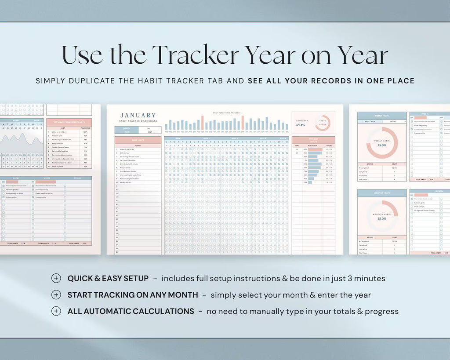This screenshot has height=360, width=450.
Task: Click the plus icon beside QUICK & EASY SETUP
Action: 56,278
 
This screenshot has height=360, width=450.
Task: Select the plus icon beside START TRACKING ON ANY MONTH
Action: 56,295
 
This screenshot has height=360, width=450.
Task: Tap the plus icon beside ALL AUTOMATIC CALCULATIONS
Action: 56,311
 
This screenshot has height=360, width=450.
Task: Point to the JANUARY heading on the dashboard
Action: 138,115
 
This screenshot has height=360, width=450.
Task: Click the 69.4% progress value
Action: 301,125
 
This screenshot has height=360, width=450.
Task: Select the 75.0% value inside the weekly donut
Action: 382,145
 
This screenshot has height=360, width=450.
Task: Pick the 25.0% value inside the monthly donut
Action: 382,218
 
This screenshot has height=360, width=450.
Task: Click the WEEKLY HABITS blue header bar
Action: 382,116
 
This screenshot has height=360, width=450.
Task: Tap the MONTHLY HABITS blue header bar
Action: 382,193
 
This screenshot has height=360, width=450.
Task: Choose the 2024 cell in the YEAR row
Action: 149,131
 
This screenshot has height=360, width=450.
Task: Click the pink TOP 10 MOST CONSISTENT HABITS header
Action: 69,122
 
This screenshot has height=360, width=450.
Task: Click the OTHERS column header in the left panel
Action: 77,178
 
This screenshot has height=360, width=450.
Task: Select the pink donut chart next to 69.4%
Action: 323,123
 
